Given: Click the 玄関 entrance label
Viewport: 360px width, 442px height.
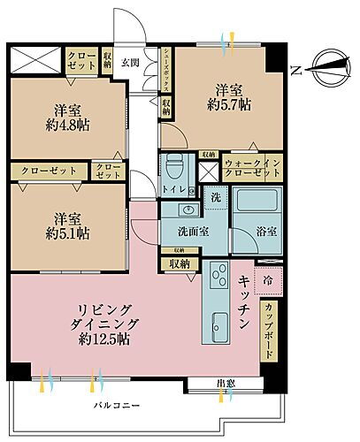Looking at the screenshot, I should pyautogui.click(x=130, y=61).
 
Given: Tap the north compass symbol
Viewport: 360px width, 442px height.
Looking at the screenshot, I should pyautogui.click(x=322, y=68).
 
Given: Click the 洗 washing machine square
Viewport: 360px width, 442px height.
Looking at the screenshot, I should pyautogui.click(x=216, y=200).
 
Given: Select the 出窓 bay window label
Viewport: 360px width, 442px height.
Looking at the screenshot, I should pyautogui.click(x=226, y=382).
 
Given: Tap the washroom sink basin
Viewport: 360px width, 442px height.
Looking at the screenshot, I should pyautogui.click(x=186, y=210).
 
